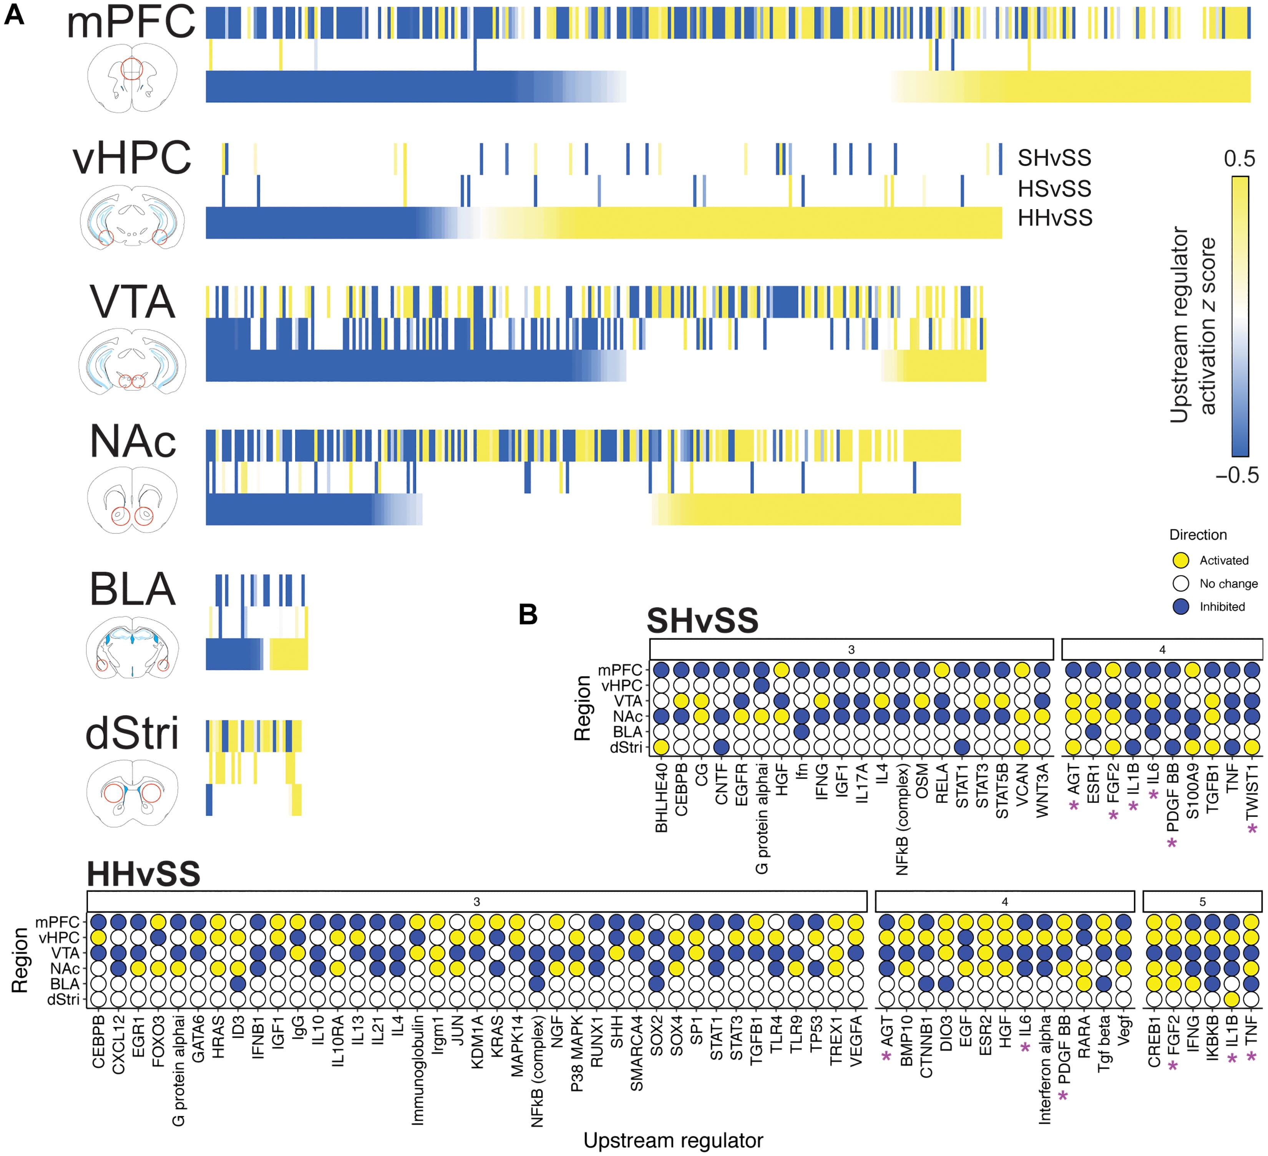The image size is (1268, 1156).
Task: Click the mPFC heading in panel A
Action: coord(131,23)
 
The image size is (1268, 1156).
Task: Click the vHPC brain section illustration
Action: coord(132,217)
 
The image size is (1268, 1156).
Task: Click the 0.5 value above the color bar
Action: coord(1238,158)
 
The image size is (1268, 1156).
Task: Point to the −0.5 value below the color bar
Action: coord(1236,475)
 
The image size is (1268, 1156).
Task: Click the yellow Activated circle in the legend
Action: coord(1180,560)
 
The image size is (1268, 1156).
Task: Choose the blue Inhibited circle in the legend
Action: coord(1180,606)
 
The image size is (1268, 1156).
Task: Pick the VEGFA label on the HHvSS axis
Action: coord(855,1041)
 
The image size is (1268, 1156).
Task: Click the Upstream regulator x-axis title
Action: coord(673,1140)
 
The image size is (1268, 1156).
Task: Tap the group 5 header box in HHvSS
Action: coord(1202,901)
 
